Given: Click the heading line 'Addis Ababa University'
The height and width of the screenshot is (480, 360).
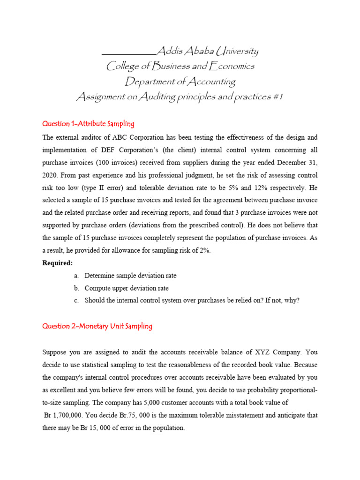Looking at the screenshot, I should pyautogui.click(x=207, y=51).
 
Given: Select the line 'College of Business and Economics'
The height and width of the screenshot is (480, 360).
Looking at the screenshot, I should pyautogui.click(x=180, y=66).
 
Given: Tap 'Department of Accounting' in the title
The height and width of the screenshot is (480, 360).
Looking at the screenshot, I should pyautogui.click(x=180, y=82).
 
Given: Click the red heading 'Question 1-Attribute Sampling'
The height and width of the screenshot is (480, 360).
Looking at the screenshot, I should pyautogui.click(x=88, y=124).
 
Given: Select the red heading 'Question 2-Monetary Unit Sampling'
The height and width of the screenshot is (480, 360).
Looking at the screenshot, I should pyautogui.click(x=97, y=326).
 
